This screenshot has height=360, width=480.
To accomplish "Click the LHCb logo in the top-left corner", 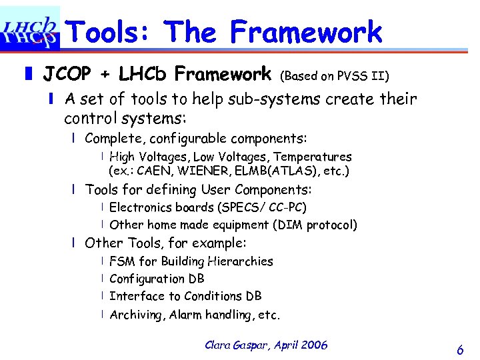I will pyautogui.click(x=30, y=30).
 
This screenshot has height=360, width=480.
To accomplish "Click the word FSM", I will pyautogui.click(x=122, y=261).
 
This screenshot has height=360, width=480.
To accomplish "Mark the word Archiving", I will pyautogui.click(x=135, y=315).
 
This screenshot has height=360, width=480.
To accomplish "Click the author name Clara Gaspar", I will pyautogui.click(x=233, y=345).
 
